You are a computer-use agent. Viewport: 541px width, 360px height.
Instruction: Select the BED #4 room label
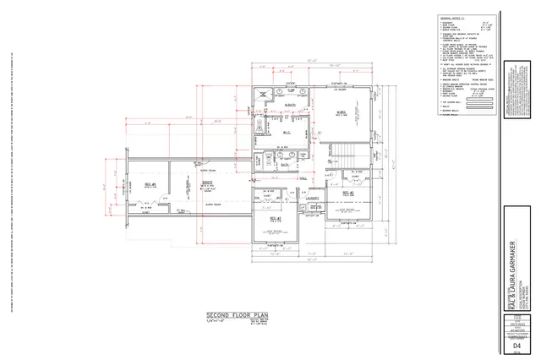[x=149, y=183]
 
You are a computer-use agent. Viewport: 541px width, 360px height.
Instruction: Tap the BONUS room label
[x=205, y=183]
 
